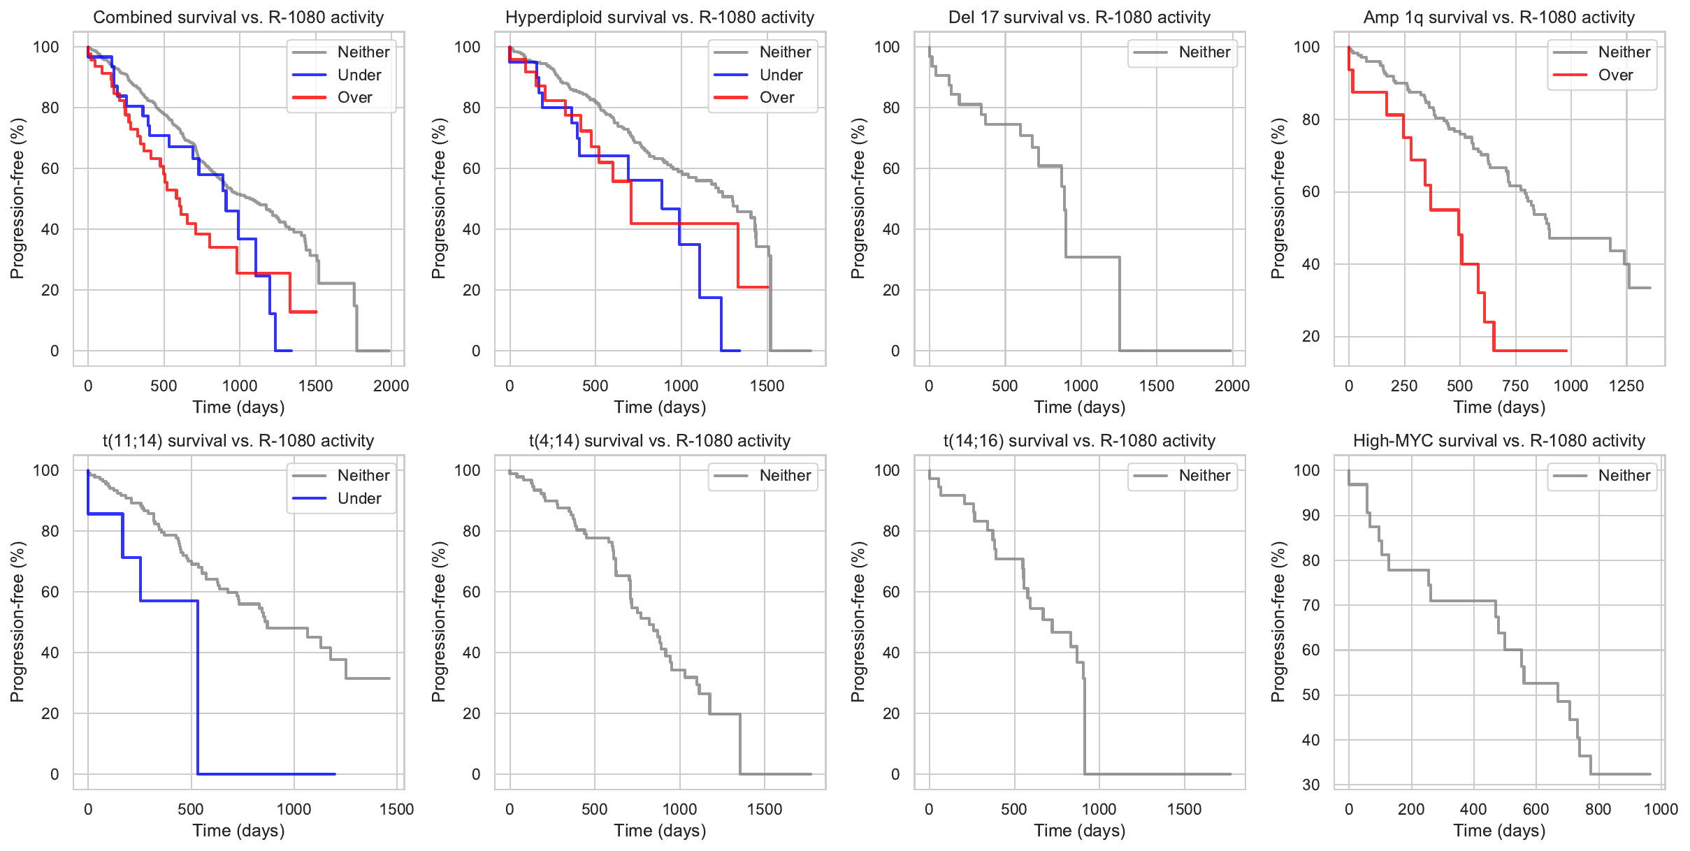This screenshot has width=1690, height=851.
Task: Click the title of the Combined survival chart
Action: click(238, 17)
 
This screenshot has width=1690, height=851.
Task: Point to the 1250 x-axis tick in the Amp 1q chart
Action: click(1626, 386)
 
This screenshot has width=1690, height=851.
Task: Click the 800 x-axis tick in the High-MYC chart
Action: click(1598, 809)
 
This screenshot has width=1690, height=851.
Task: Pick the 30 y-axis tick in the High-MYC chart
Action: click(1310, 785)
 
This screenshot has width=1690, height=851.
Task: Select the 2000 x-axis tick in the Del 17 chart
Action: click(1232, 386)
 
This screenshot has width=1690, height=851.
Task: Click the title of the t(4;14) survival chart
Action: click(660, 441)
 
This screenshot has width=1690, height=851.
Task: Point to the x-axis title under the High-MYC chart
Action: click(1499, 831)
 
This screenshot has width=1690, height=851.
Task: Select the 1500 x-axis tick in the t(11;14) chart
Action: click(396, 809)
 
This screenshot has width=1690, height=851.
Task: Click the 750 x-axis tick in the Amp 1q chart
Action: click(1515, 386)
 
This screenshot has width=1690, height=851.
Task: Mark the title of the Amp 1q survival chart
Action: click(1499, 17)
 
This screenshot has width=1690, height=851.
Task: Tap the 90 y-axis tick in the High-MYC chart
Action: click(1310, 515)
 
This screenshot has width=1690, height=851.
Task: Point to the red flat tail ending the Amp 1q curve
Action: click(1531, 350)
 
